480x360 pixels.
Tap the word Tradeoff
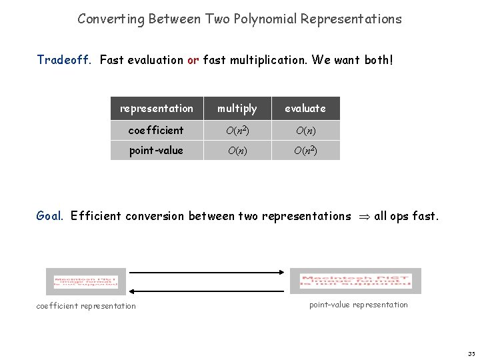65,60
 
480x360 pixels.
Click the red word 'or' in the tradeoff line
193,60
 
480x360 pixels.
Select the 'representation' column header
157,108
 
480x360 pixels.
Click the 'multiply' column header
237,108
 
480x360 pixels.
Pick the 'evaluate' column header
305,108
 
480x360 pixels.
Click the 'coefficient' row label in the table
157,130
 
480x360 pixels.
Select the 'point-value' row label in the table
157,150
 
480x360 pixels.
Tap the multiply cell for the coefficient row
237,130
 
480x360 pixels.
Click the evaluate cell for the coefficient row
305,130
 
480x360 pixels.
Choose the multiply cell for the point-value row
237,150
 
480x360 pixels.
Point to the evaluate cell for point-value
305,150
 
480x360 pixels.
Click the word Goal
50,215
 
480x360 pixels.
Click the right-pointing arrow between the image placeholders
207,272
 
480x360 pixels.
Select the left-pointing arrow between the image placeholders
207,291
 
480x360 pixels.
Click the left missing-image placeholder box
85,281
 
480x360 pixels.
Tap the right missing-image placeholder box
355,281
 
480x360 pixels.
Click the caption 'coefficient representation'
86,306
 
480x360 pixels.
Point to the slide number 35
471,353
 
